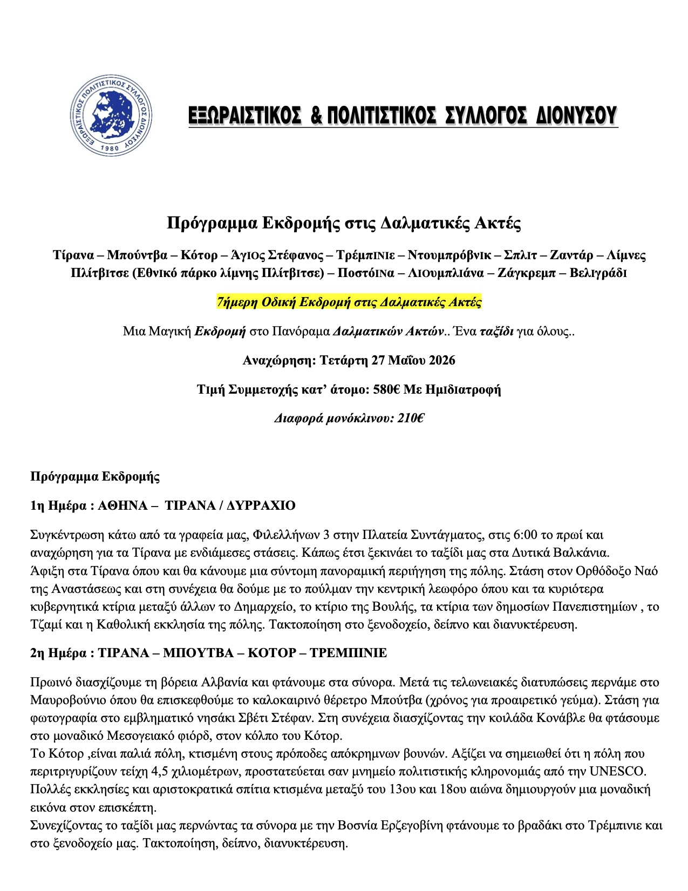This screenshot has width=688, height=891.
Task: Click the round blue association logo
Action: click(x=111, y=115)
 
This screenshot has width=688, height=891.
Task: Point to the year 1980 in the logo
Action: click(x=110, y=147)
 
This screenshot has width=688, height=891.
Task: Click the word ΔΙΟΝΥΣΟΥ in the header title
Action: click(x=576, y=116)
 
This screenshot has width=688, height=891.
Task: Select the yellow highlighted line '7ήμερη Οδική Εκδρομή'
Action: click(x=349, y=302)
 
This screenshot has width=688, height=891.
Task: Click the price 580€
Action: click(x=386, y=389)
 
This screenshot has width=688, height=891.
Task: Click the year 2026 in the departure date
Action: click(x=441, y=360)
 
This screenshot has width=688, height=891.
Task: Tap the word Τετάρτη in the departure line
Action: click(x=343, y=360)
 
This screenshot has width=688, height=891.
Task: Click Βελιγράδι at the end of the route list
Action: click(x=597, y=273)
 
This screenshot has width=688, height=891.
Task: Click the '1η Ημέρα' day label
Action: click(x=58, y=506)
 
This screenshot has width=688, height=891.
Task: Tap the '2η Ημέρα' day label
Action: click(x=58, y=653)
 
